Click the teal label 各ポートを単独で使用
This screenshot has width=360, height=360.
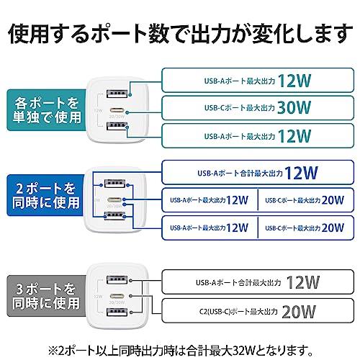click(46, 110)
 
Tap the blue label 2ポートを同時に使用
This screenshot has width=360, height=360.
click(45, 195)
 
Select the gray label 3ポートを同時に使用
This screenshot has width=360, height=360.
click(46, 296)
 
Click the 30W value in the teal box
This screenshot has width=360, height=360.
click(294, 107)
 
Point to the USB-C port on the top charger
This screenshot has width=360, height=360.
click(117, 111)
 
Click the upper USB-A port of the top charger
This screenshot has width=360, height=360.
click(117, 94)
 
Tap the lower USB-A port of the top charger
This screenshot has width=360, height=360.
click(117, 126)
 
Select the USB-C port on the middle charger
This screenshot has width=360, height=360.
click(115, 199)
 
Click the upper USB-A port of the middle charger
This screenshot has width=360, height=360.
click(114, 184)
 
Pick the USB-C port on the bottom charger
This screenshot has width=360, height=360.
click(117, 296)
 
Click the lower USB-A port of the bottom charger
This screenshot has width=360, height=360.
click(117, 312)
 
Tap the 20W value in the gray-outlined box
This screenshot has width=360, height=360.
click(299, 312)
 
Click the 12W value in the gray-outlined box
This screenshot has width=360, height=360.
click(303, 282)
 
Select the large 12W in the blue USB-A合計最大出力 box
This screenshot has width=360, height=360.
click(301, 173)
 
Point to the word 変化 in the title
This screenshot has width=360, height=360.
click(274, 34)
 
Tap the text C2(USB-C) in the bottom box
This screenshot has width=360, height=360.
click(215, 312)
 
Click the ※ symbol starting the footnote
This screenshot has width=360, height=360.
click(53, 351)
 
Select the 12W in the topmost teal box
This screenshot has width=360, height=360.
click(294, 81)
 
